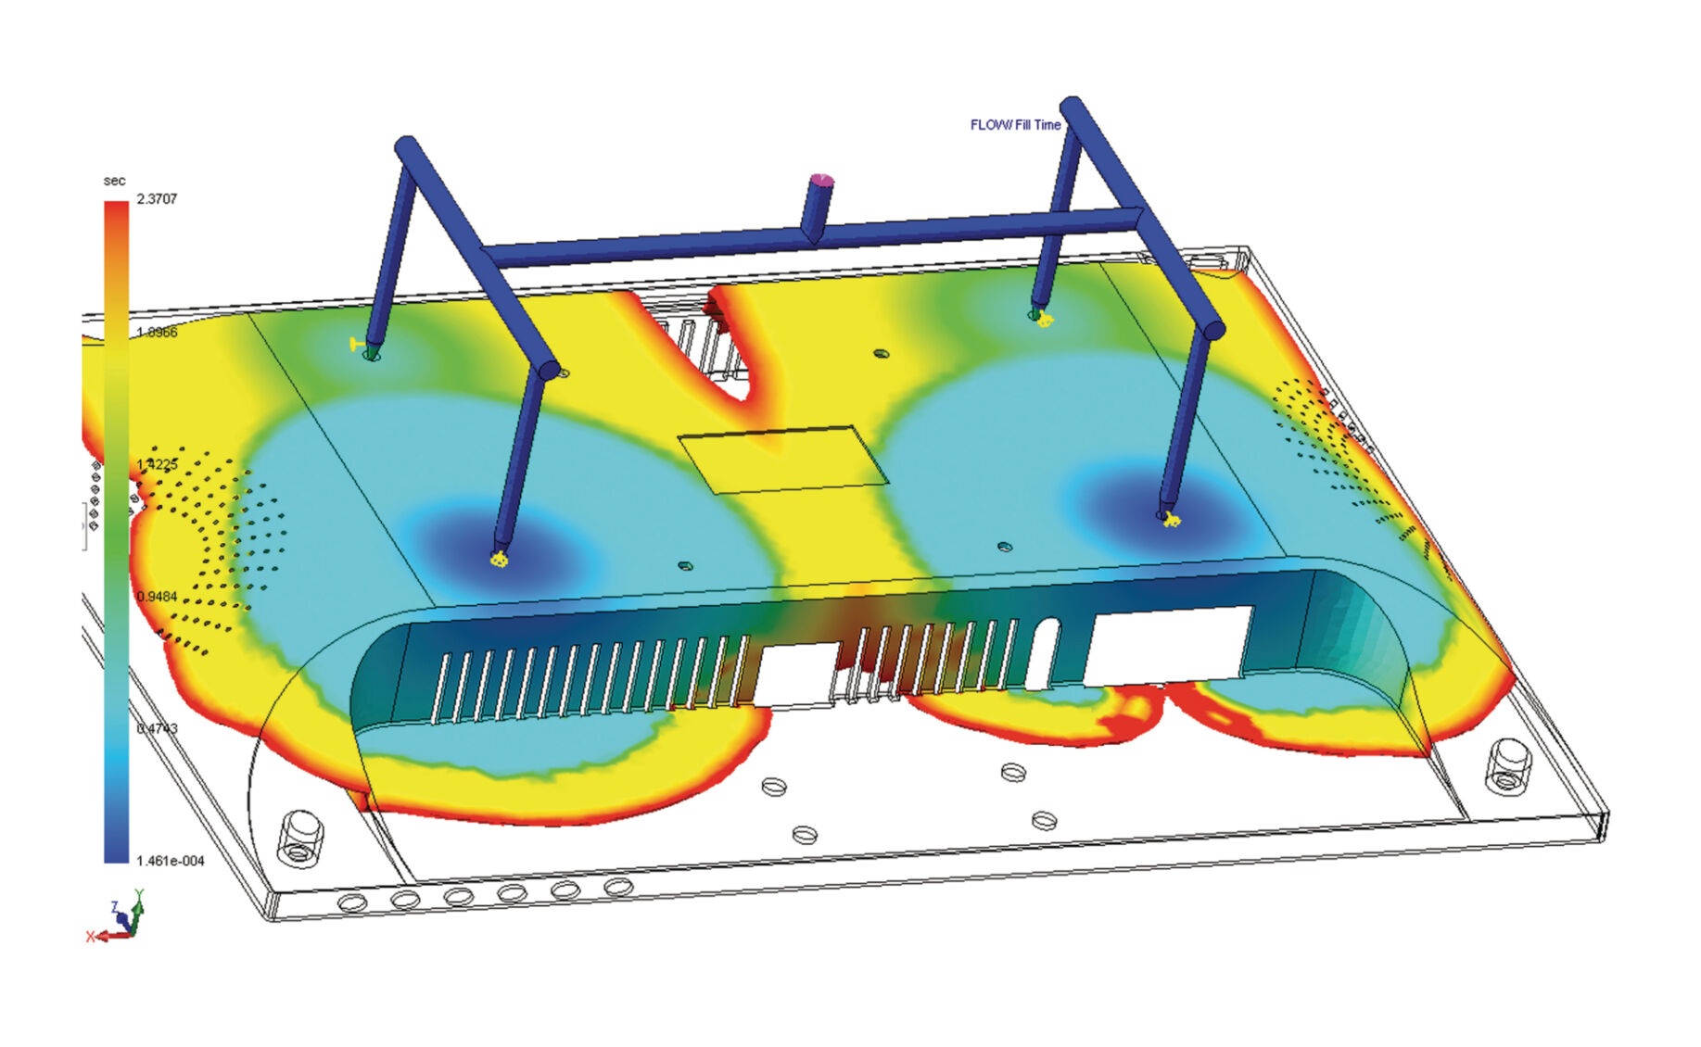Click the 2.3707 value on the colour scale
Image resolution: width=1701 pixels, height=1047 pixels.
(x=156, y=199)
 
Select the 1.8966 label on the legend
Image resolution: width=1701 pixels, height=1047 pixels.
(x=156, y=332)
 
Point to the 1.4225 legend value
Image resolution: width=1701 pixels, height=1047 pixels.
(x=156, y=464)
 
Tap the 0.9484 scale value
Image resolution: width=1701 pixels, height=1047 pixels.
(x=156, y=597)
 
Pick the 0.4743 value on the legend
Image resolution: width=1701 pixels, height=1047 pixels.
(x=156, y=728)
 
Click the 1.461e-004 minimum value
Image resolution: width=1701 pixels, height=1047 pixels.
(x=170, y=861)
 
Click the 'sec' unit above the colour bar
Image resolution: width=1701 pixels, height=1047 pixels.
(x=114, y=181)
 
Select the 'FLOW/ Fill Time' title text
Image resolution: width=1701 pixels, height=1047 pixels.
(x=1015, y=125)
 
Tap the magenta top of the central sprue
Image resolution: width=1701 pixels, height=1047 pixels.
(x=820, y=180)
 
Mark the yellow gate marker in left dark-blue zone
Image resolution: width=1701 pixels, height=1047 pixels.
(x=499, y=559)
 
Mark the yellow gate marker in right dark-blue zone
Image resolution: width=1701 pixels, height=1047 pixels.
(x=1171, y=519)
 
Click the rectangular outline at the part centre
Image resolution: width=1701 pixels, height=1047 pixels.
(x=783, y=459)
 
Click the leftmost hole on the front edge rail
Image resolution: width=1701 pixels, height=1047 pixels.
(x=352, y=902)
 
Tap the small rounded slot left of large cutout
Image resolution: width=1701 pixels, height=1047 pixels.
(x=1043, y=653)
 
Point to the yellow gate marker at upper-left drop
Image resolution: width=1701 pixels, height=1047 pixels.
(x=356, y=345)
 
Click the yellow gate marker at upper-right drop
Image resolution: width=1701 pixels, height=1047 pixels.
(x=1046, y=321)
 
